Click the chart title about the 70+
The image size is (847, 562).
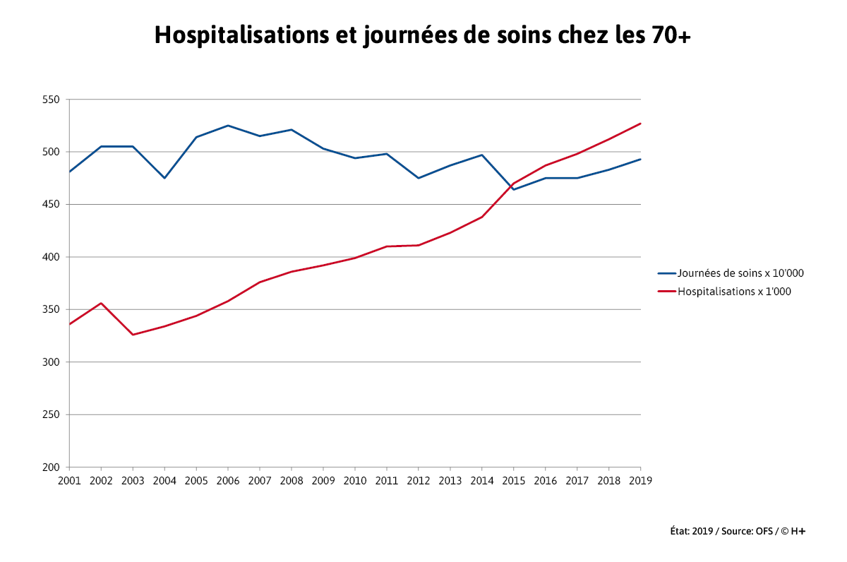click(422, 35)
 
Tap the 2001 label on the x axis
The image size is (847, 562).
click(69, 481)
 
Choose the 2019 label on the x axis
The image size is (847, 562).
click(641, 481)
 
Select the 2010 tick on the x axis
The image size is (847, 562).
click(355, 481)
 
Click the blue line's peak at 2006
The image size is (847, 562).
click(228, 126)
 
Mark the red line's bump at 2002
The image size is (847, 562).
click(101, 303)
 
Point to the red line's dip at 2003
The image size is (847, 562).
click(133, 335)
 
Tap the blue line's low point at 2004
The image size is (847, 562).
click(164, 178)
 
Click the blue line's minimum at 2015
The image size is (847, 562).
click(514, 189)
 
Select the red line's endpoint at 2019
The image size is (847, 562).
click(640, 124)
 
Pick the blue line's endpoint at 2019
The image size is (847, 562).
click(640, 160)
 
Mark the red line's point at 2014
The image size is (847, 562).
click(482, 217)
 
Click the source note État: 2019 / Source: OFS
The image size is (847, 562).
click(737, 531)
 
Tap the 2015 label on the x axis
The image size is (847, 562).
click(514, 481)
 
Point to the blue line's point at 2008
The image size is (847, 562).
click(292, 130)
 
